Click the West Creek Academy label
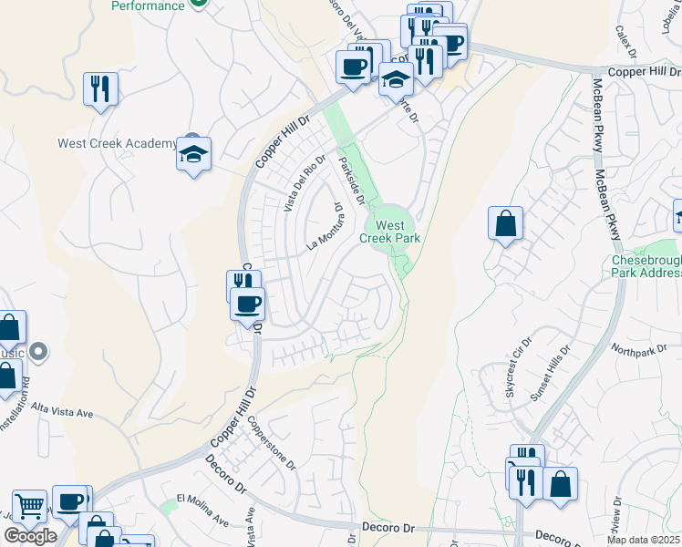tap(117, 143)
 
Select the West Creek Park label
tap(389, 232)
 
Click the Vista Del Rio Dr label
tap(304, 185)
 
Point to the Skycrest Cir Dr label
tap(505, 374)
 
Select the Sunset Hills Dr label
tap(545, 366)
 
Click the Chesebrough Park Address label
tap(646, 265)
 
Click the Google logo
tap(30, 536)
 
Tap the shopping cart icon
tap(29, 505)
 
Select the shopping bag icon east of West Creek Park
tap(505, 223)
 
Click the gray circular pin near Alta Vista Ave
tap(38, 350)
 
